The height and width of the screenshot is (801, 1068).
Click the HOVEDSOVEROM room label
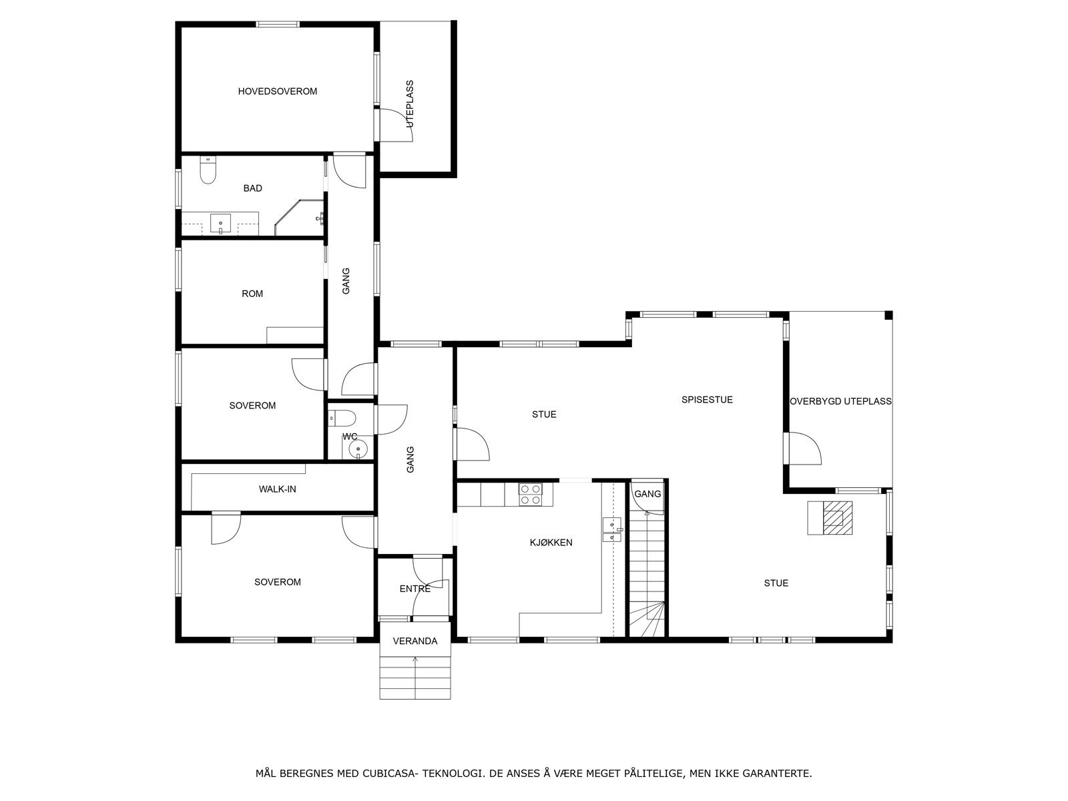coord(277,91)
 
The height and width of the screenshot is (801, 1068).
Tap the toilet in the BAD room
coord(208,173)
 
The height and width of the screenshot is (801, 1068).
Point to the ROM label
coord(252,294)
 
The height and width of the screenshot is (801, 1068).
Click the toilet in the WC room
coord(343,419)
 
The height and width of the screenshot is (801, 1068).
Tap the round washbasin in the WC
coord(358,449)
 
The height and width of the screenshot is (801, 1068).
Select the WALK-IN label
coord(277,489)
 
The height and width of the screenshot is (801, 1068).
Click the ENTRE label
coord(415,589)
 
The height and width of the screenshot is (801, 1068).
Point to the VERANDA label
coord(415,641)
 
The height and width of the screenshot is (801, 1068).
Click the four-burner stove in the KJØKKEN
coord(531,494)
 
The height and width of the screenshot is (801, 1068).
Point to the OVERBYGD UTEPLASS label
coord(840,402)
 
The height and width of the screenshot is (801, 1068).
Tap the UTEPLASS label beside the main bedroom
coord(410,104)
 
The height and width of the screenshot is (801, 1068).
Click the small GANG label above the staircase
coord(647,494)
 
